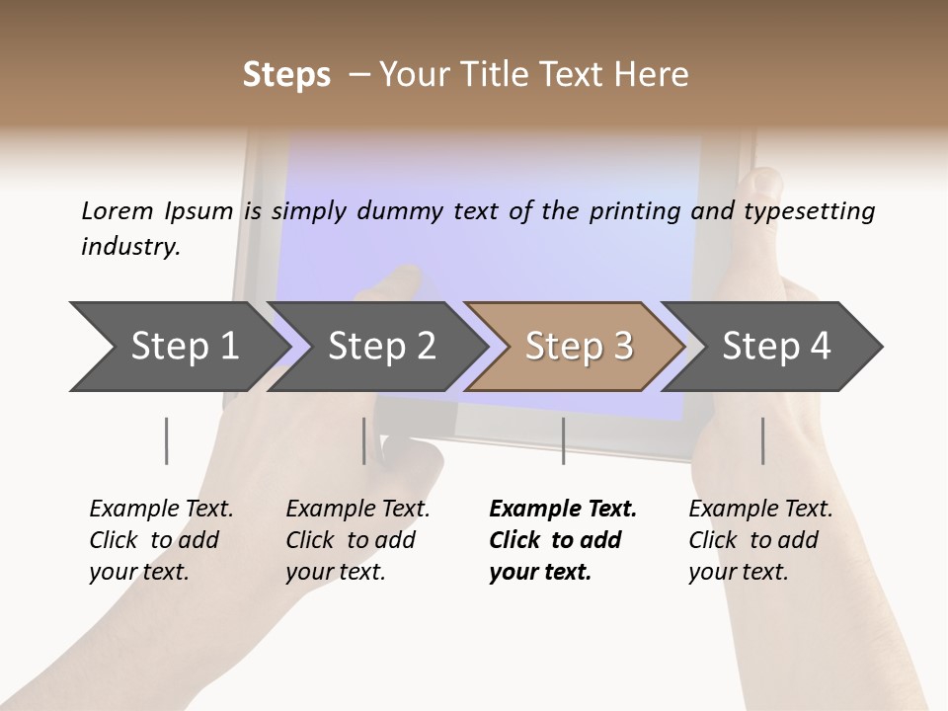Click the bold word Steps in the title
(x=286, y=75)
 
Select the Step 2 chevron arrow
(x=380, y=346)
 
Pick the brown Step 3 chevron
(x=577, y=346)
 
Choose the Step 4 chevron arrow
(x=774, y=346)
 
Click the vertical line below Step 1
(x=166, y=440)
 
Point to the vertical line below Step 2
(x=364, y=440)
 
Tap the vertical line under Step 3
(x=563, y=440)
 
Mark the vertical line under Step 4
(x=762, y=440)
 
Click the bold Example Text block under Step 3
(x=562, y=540)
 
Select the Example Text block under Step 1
(x=161, y=540)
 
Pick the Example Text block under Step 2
(x=357, y=540)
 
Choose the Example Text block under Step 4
(x=760, y=540)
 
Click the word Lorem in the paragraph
(x=117, y=210)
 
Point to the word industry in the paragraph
(x=129, y=247)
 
